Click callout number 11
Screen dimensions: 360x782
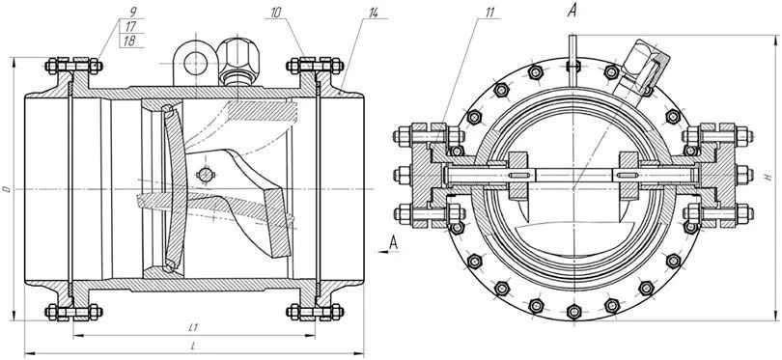464,14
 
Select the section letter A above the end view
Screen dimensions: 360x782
573,13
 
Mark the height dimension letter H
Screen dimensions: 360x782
767,178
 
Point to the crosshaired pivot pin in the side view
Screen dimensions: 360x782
205,175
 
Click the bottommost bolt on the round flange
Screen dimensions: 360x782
573,311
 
